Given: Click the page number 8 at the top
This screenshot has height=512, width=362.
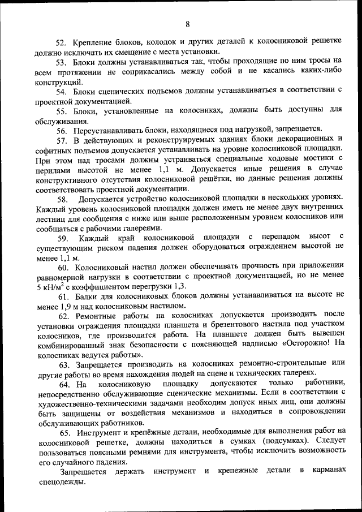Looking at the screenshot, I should (x=187, y=23).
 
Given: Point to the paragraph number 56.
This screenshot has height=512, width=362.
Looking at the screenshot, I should (x=60, y=129).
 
